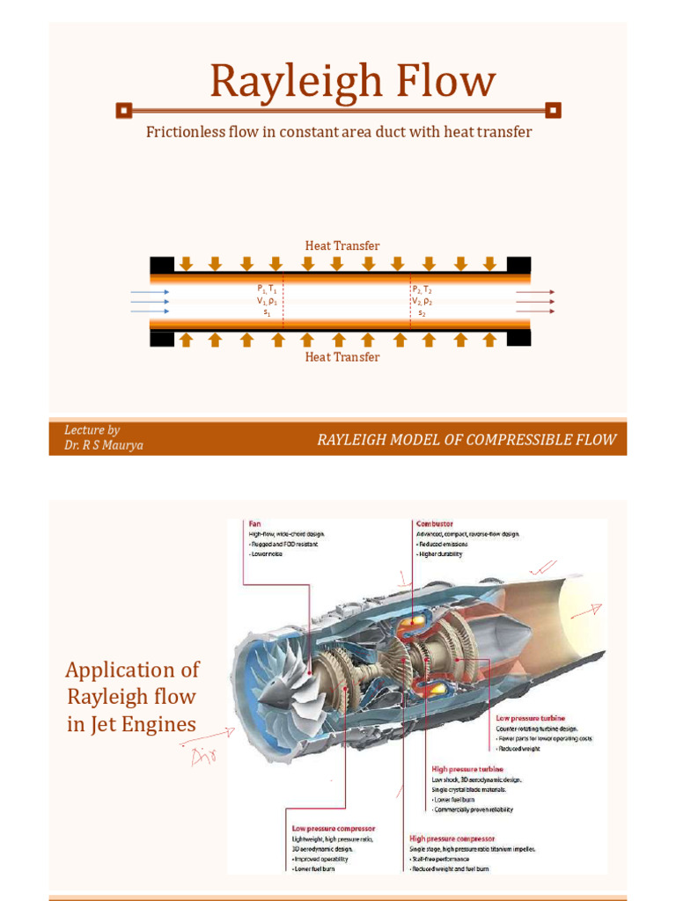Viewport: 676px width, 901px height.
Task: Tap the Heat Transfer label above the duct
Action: tap(342, 245)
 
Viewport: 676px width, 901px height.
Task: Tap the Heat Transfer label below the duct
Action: tap(342, 357)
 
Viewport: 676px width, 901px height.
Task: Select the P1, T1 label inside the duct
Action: tap(268, 289)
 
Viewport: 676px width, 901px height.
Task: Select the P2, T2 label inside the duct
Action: tap(422, 289)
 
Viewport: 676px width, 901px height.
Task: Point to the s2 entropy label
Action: tap(422, 313)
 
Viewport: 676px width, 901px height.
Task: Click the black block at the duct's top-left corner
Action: tap(162, 264)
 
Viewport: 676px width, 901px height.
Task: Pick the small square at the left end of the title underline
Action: tap(124, 110)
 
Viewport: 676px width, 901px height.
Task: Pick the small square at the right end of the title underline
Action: tap(553, 110)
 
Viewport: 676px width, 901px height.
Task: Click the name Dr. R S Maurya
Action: tap(104, 445)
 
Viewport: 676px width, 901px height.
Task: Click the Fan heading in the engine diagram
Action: tap(255, 523)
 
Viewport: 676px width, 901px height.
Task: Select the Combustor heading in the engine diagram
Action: tap(434, 523)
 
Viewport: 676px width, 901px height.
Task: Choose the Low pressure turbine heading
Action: tap(530, 718)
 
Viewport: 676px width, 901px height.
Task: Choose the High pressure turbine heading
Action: tap(467, 768)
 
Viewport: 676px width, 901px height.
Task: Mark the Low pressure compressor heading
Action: tap(334, 828)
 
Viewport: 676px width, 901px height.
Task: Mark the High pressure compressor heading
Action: tap(452, 839)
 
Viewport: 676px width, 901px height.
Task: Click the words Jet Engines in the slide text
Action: tap(131, 725)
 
